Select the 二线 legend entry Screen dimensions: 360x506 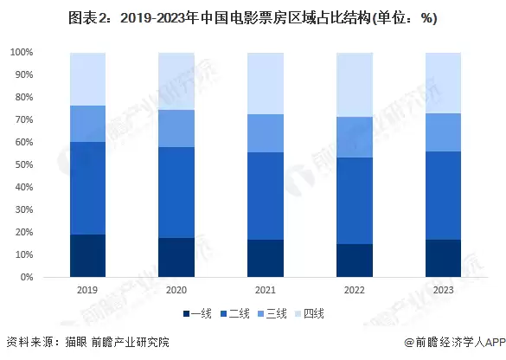(236, 312)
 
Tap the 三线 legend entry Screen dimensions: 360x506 (275, 312)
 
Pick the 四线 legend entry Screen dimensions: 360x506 (314, 312)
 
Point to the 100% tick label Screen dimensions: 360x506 (22, 53)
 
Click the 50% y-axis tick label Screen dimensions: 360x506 (24, 165)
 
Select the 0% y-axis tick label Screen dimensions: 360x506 (27, 278)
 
